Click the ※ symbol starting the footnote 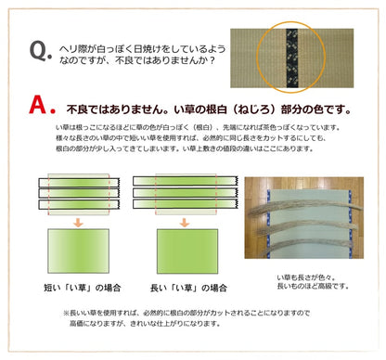[67, 313]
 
